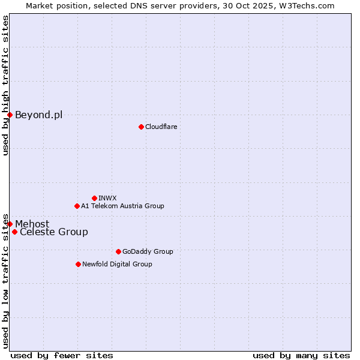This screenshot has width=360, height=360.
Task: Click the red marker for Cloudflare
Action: pos(141,127)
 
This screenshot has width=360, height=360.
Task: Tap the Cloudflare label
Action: pos(161,127)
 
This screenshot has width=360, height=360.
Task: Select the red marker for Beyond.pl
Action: pos(10,115)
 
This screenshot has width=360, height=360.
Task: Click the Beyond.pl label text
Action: pos(38,115)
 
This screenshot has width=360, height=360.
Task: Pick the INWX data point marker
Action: pos(94,198)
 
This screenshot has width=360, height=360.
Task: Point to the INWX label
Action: pos(107,198)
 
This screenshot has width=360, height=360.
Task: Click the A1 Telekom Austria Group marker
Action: pos(77,206)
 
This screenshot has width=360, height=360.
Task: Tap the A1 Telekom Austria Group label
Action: pos(122,206)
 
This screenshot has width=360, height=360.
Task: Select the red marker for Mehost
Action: pos(10,224)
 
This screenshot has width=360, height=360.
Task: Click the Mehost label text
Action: pos(32,224)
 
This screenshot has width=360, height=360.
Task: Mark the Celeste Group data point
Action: pos(14,232)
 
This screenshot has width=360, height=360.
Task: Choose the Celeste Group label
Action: pos(54,232)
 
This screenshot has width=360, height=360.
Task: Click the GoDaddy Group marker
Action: pos(118,251)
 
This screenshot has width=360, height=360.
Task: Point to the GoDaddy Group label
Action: pos(148,251)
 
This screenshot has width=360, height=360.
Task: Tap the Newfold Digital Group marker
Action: pos(78,264)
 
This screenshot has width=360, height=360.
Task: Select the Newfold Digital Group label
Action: pos(117,264)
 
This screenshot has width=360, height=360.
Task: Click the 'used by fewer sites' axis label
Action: pos(62,355)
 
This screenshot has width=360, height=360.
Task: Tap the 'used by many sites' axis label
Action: pos(301,355)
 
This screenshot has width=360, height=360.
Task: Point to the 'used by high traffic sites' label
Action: pos(5,86)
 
